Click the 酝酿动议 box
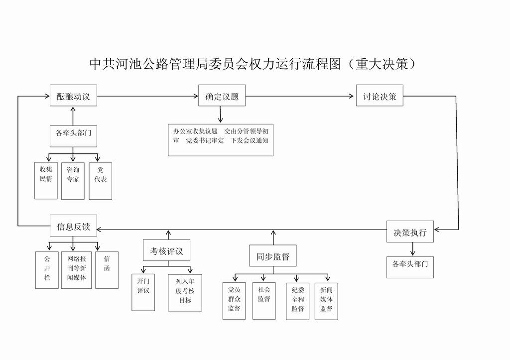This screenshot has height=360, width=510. click(x=73, y=96)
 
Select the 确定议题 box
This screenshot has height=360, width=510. click(x=222, y=96)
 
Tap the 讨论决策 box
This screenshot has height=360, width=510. click(x=380, y=96)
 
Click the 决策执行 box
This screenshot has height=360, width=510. click(x=410, y=232)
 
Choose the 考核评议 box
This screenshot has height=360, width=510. click(x=166, y=250)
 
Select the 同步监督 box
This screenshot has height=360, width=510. click(x=272, y=256)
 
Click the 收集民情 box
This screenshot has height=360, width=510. click(x=46, y=180)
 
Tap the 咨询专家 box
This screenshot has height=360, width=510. click(x=73, y=180)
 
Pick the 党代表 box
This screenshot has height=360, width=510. click(x=101, y=180)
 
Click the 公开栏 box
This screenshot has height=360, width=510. click(x=47, y=269)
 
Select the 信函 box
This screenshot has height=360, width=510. click(x=107, y=269)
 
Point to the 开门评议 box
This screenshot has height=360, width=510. click(x=143, y=292)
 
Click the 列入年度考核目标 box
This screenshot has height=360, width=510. click(x=185, y=292)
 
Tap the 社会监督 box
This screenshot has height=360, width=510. click(x=264, y=301)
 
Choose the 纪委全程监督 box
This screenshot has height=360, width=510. click(x=297, y=301)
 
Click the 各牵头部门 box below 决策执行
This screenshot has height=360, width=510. click(x=410, y=266)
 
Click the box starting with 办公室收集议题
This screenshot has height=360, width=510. click(x=221, y=140)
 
